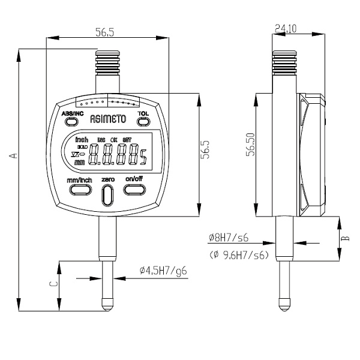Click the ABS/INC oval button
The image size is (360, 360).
(x=71, y=122)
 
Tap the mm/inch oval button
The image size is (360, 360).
(x=80, y=190)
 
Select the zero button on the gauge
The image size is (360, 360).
(x=108, y=194)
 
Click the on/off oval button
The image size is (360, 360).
(x=134, y=190)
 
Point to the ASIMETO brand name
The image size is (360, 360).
(x=107, y=119)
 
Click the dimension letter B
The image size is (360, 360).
(x=344, y=238)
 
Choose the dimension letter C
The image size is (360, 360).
(x=52, y=284)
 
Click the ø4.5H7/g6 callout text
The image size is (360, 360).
(x=163, y=271)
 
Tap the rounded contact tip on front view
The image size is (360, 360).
(x=107, y=304)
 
